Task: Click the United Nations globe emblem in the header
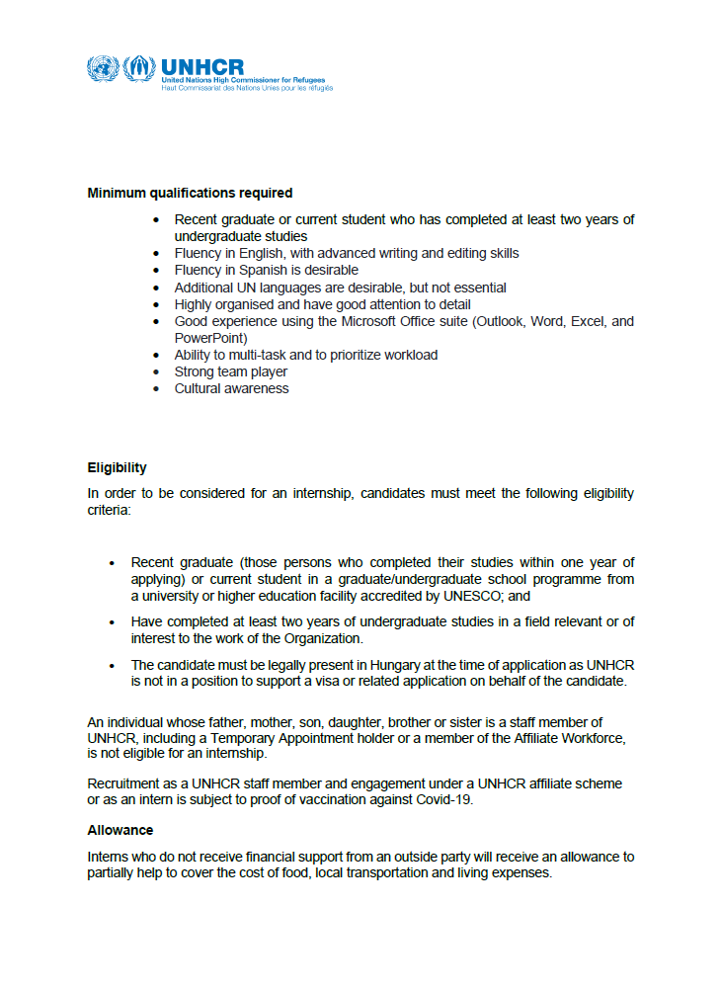click(102, 68)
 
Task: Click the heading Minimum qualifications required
click(190, 193)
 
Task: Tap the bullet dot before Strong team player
click(155, 372)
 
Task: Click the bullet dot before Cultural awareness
click(155, 389)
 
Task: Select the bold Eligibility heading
click(117, 467)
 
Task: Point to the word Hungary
click(358, 665)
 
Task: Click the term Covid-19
click(442, 800)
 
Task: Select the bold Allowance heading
click(120, 830)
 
